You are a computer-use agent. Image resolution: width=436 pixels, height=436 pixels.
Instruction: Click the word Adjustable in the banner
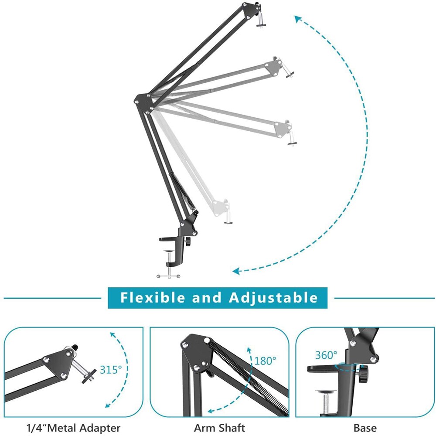click(x=273, y=298)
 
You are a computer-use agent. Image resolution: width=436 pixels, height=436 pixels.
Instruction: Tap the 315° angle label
click(x=111, y=370)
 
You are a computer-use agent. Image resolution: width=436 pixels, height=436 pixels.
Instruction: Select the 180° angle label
click(x=266, y=361)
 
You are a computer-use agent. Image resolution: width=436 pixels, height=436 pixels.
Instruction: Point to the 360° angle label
click(x=327, y=355)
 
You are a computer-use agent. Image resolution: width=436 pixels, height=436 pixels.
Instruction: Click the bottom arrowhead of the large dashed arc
click(x=236, y=271)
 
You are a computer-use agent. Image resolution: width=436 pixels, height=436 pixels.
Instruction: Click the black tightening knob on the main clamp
click(x=188, y=242)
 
